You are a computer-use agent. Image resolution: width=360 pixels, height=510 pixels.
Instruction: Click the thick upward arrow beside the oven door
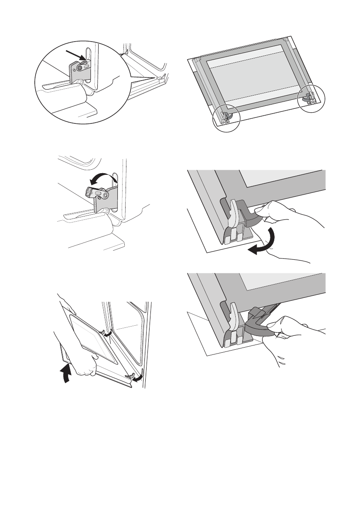pyautogui.click(x=66, y=372)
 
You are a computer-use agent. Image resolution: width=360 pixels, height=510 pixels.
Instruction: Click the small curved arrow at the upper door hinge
pyautogui.click(x=109, y=333)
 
